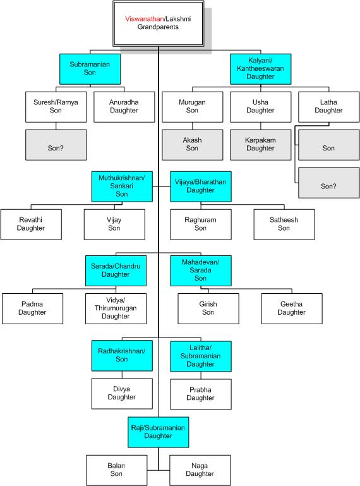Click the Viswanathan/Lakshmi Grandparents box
pos(158,23)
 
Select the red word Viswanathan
pos(145,19)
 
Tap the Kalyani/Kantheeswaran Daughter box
pos(261,69)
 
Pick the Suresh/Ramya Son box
pos(56,107)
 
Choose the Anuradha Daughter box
pos(124,107)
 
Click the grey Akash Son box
pos(192,145)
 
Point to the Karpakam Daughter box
pos(261,145)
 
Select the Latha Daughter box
pos(328,107)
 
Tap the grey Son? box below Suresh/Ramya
pos(56,145)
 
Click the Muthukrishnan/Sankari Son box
pos(122,186)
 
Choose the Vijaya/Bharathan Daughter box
pos(201,186)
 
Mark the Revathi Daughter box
pos(31,224)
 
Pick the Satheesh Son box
pos(284,224)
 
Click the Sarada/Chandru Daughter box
pos(116,270)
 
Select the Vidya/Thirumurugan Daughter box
pos(116,308)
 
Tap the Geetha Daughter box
pos(292,308)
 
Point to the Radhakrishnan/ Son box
pos(122,356)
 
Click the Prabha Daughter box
pos(201,394)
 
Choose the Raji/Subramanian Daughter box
pos(159,432)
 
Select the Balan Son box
pos(116,470)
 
